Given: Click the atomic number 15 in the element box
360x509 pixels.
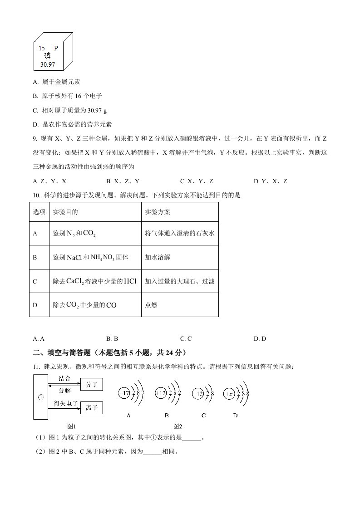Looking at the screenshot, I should (42, 48).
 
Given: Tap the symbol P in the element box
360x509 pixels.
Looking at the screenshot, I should (56, 48).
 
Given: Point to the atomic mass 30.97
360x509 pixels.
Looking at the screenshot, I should (47, 65).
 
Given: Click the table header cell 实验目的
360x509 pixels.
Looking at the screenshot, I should (65, 212).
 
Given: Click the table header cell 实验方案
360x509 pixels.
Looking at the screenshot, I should (158, 212).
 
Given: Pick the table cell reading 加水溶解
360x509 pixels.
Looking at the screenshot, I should (158, 257).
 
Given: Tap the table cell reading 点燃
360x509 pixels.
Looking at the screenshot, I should (152, 305).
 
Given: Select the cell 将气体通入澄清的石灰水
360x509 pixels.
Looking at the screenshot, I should (179, 233).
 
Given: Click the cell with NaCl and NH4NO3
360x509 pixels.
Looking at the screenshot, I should (90, 257).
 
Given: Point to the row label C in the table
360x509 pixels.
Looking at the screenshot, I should (35, 281).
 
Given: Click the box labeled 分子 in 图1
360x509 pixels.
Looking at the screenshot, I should (92, 385).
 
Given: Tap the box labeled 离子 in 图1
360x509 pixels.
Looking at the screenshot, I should (92, 408).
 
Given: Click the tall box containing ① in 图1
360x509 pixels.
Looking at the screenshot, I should (40, 397).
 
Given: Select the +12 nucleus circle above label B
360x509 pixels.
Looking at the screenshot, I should (161, 393).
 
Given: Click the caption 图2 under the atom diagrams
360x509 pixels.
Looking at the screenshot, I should (178, 426).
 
